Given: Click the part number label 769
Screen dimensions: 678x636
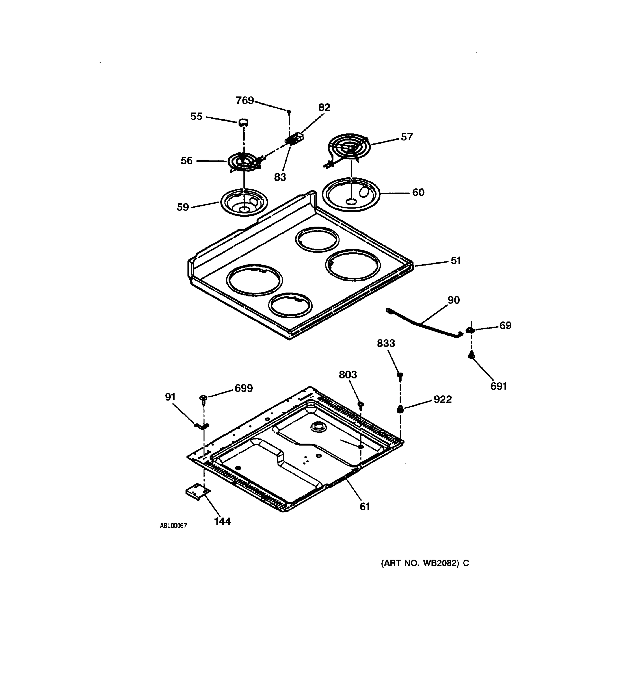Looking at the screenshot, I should [x=245, y=100].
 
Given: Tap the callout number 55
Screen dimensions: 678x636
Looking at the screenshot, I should [x=196, y=116].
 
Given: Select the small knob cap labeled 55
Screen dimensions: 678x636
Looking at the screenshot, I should [x=243, y=122].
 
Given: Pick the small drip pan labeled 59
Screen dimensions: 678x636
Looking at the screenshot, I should [x=244, y=202].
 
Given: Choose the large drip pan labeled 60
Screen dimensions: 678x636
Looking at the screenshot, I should [x=351, y=194].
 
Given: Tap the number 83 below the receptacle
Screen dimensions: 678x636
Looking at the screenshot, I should [x=280, y=177].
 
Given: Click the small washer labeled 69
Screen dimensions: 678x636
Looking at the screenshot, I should [x=470, y=330].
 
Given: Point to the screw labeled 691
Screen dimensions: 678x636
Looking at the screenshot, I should [x=471, y=355].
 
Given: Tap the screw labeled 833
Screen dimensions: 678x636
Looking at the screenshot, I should [x=400, y=376].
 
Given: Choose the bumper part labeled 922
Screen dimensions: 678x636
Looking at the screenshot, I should [x=400, y=409].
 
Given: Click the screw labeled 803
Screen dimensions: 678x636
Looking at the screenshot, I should [x=361, y=405].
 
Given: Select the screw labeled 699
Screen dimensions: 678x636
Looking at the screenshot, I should [x=203, y=398].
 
